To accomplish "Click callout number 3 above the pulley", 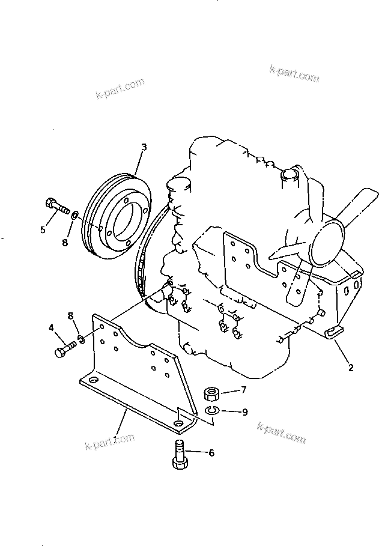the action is click(x=144, y=147).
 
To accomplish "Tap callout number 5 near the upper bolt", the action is click(x=43, y=230).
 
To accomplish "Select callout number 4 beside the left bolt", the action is click(x=51, y=327).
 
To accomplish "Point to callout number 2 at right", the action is click(x=351, y=368).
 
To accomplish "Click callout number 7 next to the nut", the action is click(x=243, y=390).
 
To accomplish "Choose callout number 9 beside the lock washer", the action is click(x=245, y=412).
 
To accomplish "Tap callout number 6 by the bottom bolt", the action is click(x=211, y=453).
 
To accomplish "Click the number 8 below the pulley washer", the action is click(x=65, y=242).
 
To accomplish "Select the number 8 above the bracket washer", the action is click(x=71, y=316).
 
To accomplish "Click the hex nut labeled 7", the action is click(x=211, y=394).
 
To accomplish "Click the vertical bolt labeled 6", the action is click(x=180, y=455).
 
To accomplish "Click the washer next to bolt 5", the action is click(x=75, y=215).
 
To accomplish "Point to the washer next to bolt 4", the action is click(x=81, y=339).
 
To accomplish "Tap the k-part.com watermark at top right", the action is click(x=294, y=73).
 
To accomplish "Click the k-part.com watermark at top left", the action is click(x=120, y=88).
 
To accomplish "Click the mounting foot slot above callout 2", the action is click(x=335, y=333).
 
